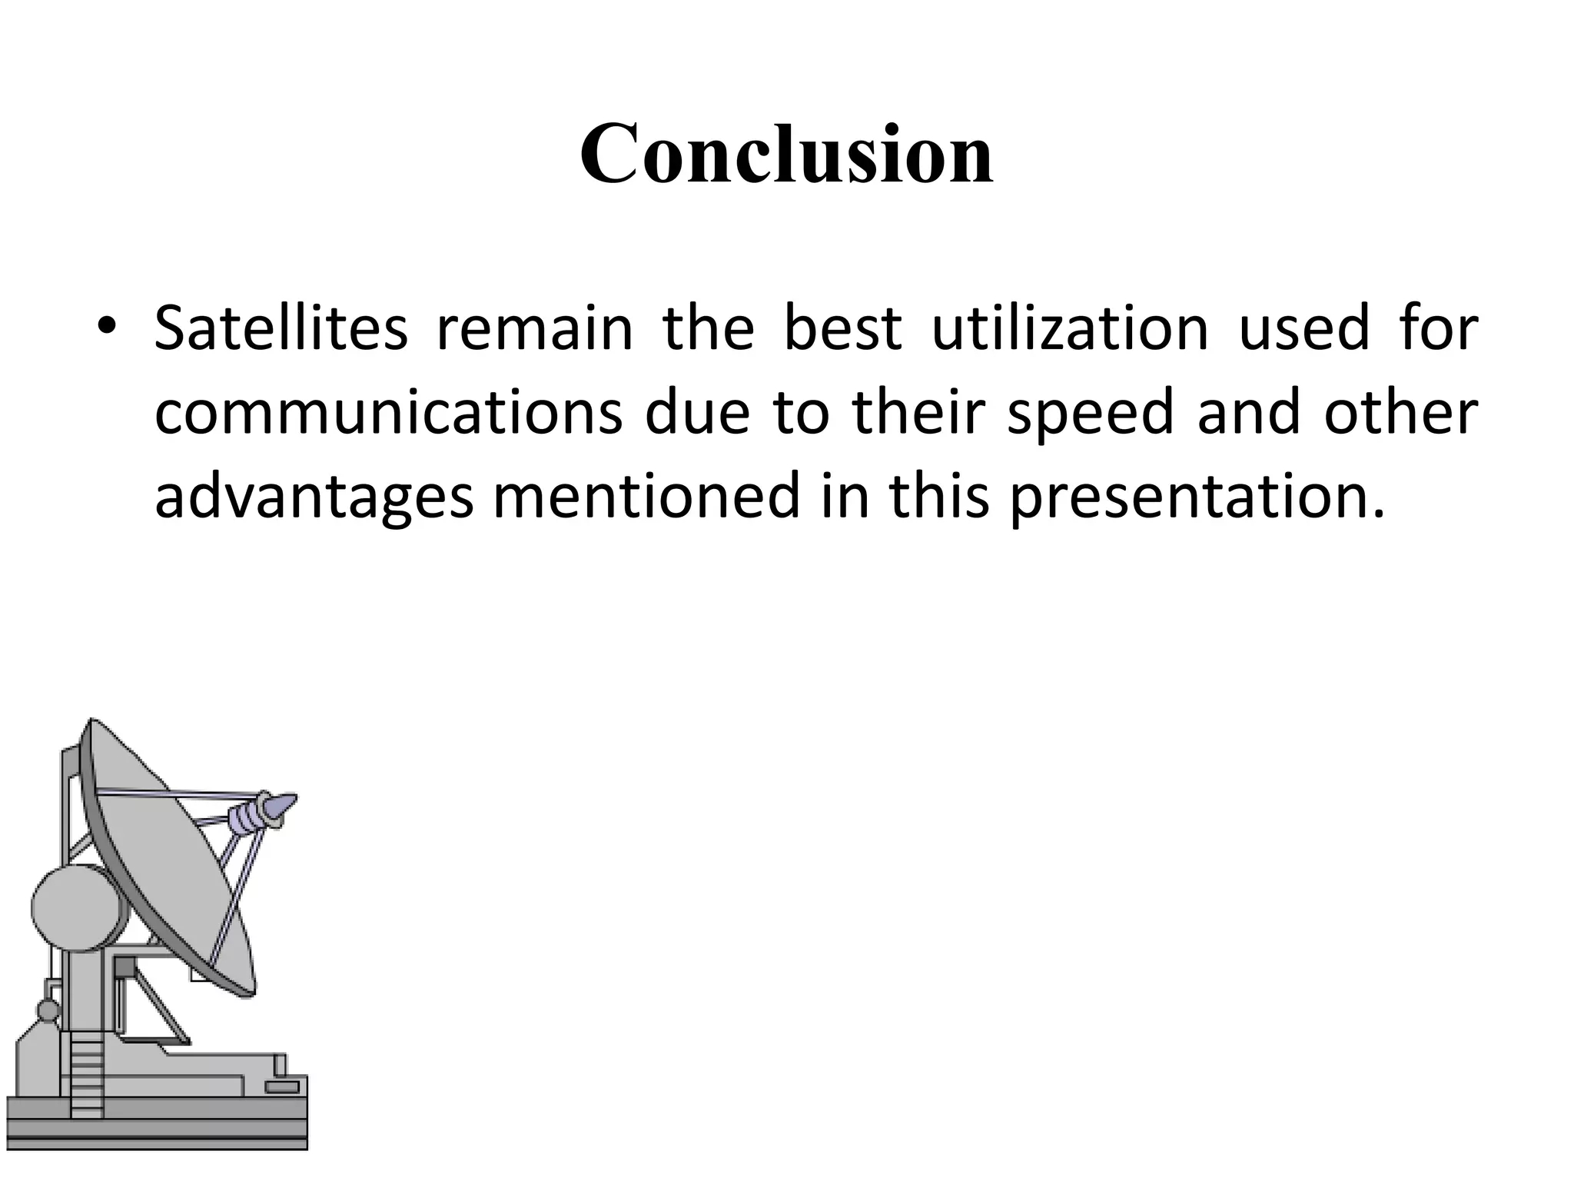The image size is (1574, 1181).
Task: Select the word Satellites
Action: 281,328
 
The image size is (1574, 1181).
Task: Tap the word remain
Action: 535,328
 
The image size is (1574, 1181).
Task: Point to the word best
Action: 842,328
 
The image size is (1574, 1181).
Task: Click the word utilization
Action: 1071,328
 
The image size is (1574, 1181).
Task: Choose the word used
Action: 1305,328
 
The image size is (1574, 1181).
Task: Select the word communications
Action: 388,413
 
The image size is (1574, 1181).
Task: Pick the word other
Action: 1400,413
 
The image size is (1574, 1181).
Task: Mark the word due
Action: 696,413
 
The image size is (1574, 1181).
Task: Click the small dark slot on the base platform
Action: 282,1087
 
